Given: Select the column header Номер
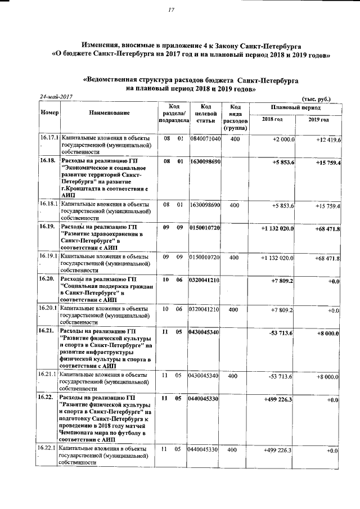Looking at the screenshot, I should tap(49, 112).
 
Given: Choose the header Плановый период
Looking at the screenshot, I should tap(295, 106).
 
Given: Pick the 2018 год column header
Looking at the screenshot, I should tap(272, 119).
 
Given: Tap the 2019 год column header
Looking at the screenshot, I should tap(318, 119).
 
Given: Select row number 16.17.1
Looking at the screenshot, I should tap(49, 137).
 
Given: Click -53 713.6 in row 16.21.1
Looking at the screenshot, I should tap(281, 376).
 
